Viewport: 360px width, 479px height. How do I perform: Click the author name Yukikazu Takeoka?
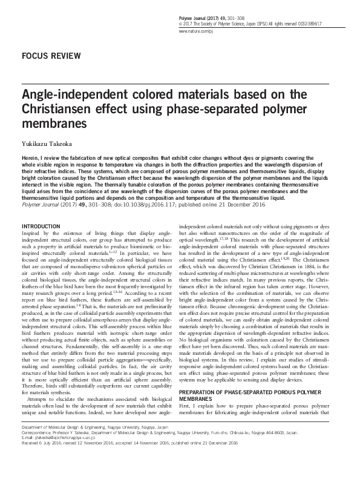click(x=48, y=138)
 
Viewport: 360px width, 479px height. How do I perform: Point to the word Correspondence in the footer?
click(x=36, y=450)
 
